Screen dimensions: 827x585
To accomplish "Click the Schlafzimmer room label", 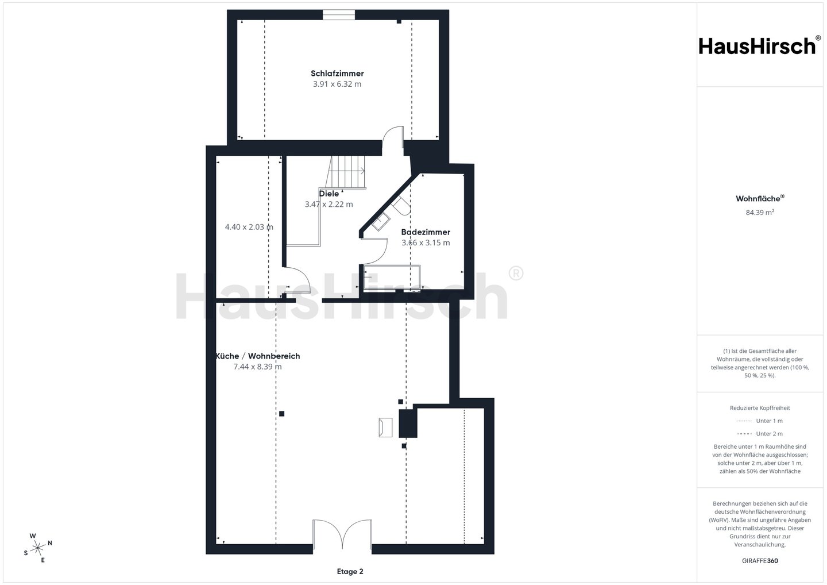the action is pyautogui.click(x=337, y=74).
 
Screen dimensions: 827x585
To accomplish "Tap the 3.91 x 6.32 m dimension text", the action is pyautogui.click(x=337, y=84).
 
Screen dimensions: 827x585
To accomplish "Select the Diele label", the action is pyautogui.click(x=329, y=194).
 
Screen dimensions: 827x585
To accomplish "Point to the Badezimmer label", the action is pyautogui.click(x=426, y=232).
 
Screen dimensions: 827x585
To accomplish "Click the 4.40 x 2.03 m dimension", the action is pyautogui.click(x=249, y=227).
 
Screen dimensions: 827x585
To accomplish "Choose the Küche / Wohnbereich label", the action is pyautogui.click(x=258, y=356).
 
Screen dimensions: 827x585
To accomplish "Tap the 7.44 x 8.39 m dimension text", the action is pyautogui.click(x=258, y=367).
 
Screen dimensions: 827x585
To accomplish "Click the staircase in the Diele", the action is pyautogui.click(x=346, y=172).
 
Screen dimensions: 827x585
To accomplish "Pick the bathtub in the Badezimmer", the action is pyautogui.click(x=392, y=277).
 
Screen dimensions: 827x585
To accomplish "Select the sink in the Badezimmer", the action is pyautogui.click(x=381, y=222).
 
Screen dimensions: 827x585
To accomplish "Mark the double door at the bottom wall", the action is pyautogui.click(x=342, y=534).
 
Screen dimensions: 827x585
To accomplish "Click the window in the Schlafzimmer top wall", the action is pyautogui.click(x=339, y=15).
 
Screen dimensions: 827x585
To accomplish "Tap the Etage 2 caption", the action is pyautogui.click(x=350, y=572).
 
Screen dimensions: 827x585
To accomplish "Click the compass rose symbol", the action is pyautogui.click(x=38, y=548).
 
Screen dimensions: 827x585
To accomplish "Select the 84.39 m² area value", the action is pyautogui.click(x=760, y=213).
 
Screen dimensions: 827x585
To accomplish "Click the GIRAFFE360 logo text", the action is pyautogui.click(x=760, y=561).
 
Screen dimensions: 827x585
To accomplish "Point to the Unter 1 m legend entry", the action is pyautogui.click(x=760, y=421).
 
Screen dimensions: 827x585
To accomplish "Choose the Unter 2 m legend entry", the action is pyautogui.click(x=760, y=434).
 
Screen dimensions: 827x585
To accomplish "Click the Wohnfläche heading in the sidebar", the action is pyautogui.click(x=760, y=198).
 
